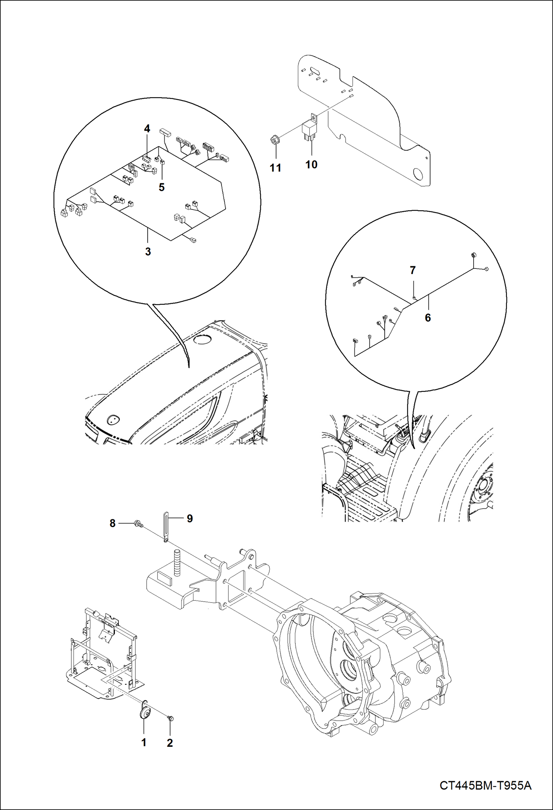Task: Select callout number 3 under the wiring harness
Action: [x=148, y=252]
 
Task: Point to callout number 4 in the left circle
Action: [x=147, y=129]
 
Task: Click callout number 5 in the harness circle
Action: [x=162, y=187]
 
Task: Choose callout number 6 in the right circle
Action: [x=428, y=317]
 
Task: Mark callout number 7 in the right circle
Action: [x=413, y=270]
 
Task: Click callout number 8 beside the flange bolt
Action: [x=113, y=523]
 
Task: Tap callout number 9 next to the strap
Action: [x=190, y=518]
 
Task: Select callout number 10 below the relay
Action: [x=311, y=164]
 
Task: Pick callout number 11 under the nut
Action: [x=275, y=168]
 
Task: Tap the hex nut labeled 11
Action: [x=275, y=140]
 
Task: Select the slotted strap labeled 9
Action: [x=166, y=526]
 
